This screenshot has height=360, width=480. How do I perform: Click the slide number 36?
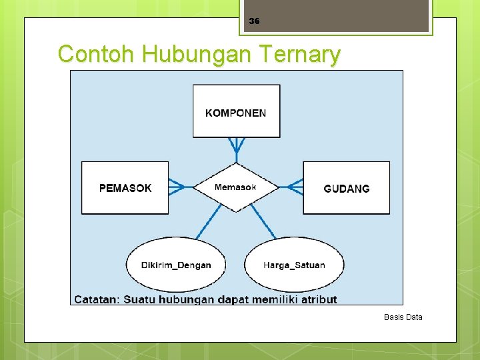pyautogui.click(x=254, y=21)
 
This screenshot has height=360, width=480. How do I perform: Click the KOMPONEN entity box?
pyautogui.click(x=236, y=111)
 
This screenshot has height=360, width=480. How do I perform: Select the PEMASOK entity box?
pyautogui.click(x=125, y=188)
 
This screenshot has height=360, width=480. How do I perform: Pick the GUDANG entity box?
pyautogui.click(x=346, y=188)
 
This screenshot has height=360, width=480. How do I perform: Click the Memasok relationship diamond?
pyautogui.click(x=235, y=187)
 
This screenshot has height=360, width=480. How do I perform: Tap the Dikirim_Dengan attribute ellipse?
pyautogui.click(x=176, y=265)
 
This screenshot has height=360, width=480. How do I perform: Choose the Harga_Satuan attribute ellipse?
pyautogui.click(x=294, y=265)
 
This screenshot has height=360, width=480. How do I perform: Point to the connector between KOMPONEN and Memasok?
pyautogui.click(x=236, y=149)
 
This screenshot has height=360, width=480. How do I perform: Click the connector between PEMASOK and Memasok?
pyautogui.click(x=180, y=187)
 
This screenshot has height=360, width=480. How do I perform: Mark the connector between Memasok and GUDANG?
pyautogui.click(x=291, y=187)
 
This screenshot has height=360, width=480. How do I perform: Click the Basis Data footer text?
pyautogui.click(x=403, y=317)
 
